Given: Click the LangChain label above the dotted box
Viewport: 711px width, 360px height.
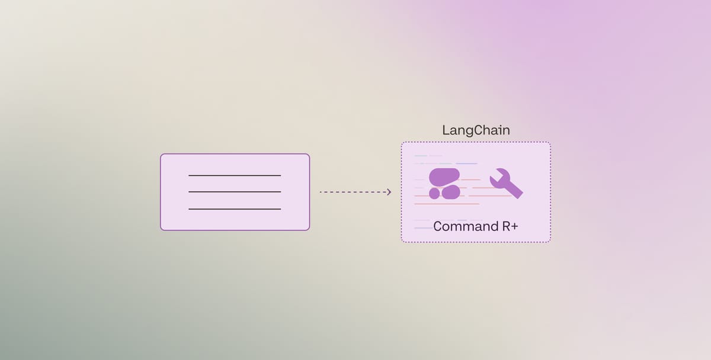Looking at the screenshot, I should coord(476,130).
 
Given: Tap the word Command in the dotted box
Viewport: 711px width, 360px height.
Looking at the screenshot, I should coord(457,226).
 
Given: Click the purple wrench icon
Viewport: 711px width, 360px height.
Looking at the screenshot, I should coord(505,183).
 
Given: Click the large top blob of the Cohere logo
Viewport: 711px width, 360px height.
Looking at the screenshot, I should coord(444,176).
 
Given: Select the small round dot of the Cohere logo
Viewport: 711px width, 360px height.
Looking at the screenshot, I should coord(434,194).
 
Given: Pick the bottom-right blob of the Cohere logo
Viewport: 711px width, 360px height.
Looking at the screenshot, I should coord(451,192).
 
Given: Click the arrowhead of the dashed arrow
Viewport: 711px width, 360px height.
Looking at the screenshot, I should coord(389,192).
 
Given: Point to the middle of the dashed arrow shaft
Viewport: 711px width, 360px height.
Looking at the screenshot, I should coord(354,192).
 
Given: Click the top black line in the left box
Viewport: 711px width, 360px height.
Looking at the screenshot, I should coord(235,175).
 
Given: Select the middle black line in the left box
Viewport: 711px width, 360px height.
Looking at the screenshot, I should coord(235,192).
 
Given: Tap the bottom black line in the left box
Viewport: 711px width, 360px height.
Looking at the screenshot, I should coord(235,209).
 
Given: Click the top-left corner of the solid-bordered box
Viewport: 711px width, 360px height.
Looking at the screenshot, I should coord(161,155).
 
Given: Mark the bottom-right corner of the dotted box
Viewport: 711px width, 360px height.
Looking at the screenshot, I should coord(549,241).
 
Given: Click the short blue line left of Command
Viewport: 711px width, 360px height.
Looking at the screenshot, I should coord(423,228).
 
